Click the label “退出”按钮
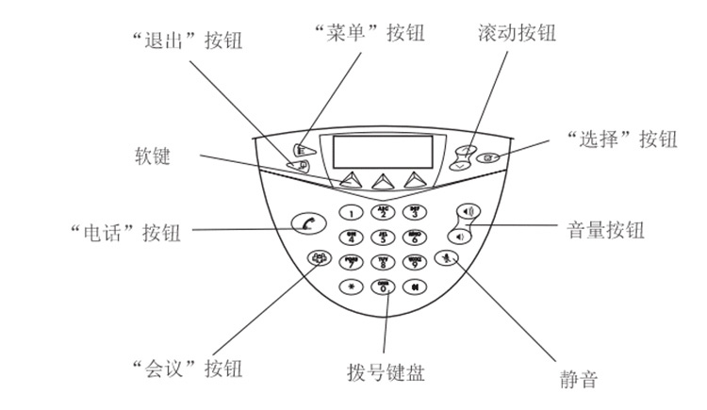point(186,38)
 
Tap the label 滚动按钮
point(517,35)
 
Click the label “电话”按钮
point(124,230)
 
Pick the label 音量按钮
point(605,229)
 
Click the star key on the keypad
point(351,287)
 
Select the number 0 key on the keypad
point(383,287)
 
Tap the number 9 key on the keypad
point(414,262)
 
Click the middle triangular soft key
point(382,180)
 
